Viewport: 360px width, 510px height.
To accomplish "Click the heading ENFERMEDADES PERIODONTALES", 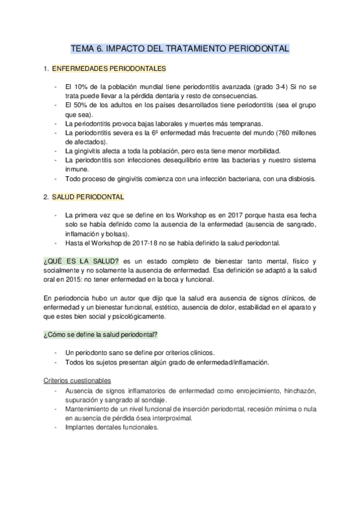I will [x=109, y=69].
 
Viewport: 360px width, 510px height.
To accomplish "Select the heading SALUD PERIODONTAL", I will [x=88, y=197].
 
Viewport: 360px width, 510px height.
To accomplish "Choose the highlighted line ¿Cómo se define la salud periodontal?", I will [x=101, y=334].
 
